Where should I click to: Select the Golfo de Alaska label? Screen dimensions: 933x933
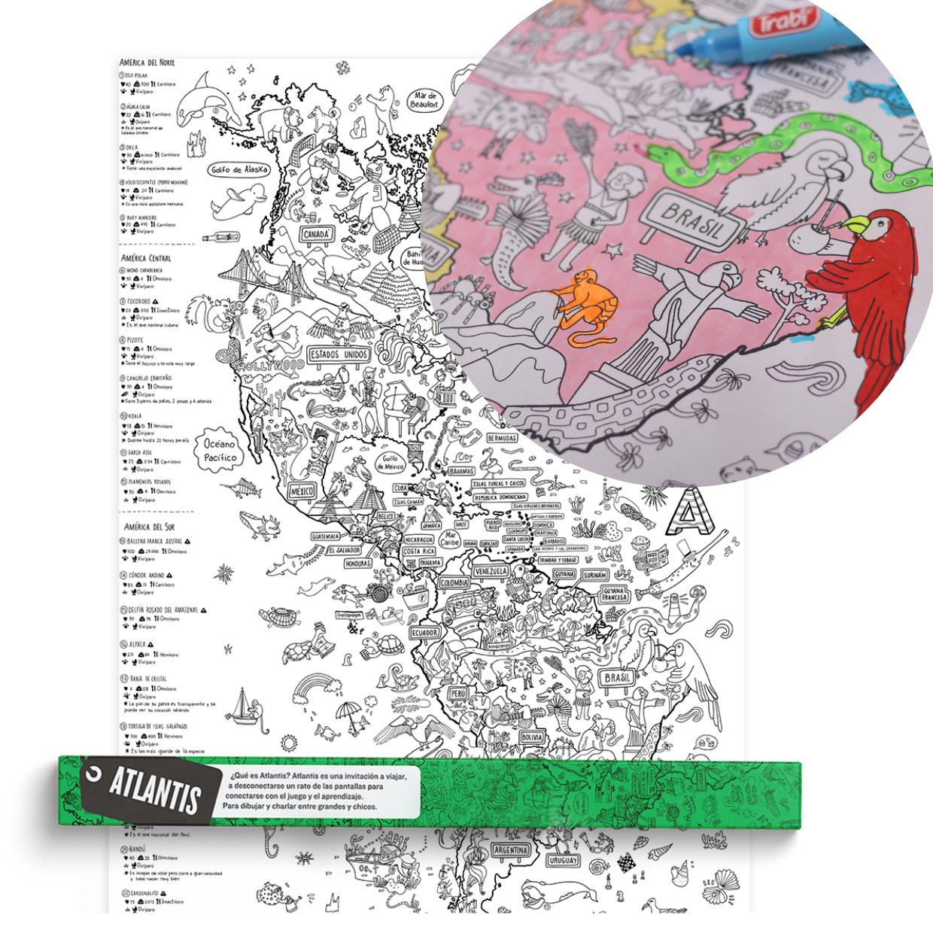coord(239,169)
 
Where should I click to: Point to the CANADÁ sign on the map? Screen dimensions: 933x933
coord(316,234)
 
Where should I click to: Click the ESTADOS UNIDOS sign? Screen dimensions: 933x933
coord(339,354)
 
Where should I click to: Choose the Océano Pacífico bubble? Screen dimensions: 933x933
coord(220,450)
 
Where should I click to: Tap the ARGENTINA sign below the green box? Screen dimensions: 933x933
coord(511,850)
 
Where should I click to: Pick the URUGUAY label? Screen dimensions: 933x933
coord(563,860)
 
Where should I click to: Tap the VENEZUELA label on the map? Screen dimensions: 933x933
coord(491,572)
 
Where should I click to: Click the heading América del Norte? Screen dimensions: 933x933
coord(147,62)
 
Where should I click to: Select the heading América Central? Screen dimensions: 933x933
coord(146,258)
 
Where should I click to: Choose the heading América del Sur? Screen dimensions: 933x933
coord(149,527)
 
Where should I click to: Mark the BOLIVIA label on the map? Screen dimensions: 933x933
coord(532,737)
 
